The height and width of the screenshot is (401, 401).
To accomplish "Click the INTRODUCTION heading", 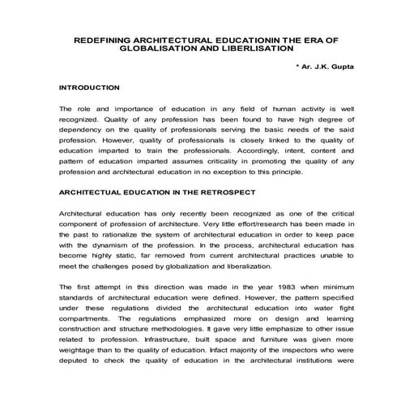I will pyautogui.click(x=90, y=87).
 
